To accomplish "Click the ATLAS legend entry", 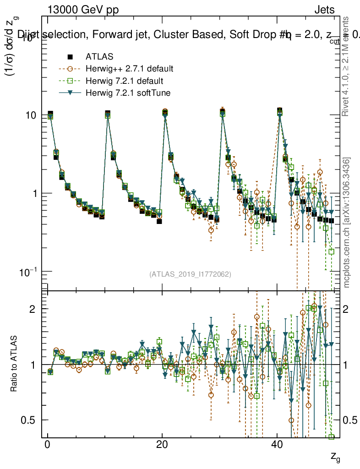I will coord(99,57).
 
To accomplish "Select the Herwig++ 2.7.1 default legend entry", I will coord(129,69).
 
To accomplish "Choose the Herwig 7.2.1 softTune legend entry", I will coord(127,93).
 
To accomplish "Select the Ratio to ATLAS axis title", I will coord(15,364).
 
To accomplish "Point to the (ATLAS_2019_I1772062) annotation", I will coord(190,274).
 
